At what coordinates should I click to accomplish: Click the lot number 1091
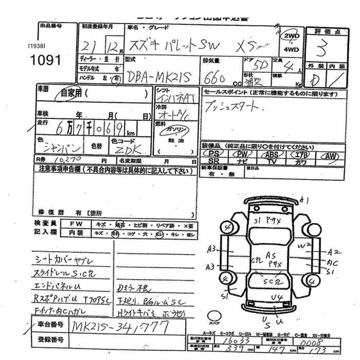click(46, 60)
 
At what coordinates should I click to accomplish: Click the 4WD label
click(290, 50)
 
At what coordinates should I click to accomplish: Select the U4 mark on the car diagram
click(277, 297)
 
